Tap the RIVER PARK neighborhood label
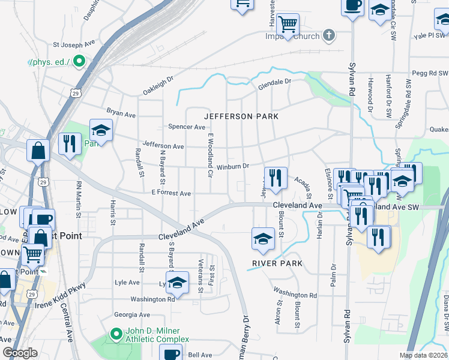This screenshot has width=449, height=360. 277,263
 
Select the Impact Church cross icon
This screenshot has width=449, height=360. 328,35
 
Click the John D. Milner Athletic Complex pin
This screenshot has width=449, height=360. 116,332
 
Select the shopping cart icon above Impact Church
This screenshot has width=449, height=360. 289,24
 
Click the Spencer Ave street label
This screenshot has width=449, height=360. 187,127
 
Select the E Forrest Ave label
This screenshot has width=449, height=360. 171,193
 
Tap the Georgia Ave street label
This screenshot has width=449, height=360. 132,314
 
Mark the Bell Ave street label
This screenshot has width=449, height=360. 196,355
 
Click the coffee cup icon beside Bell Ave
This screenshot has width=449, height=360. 170,353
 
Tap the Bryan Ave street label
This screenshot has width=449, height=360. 121,112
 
